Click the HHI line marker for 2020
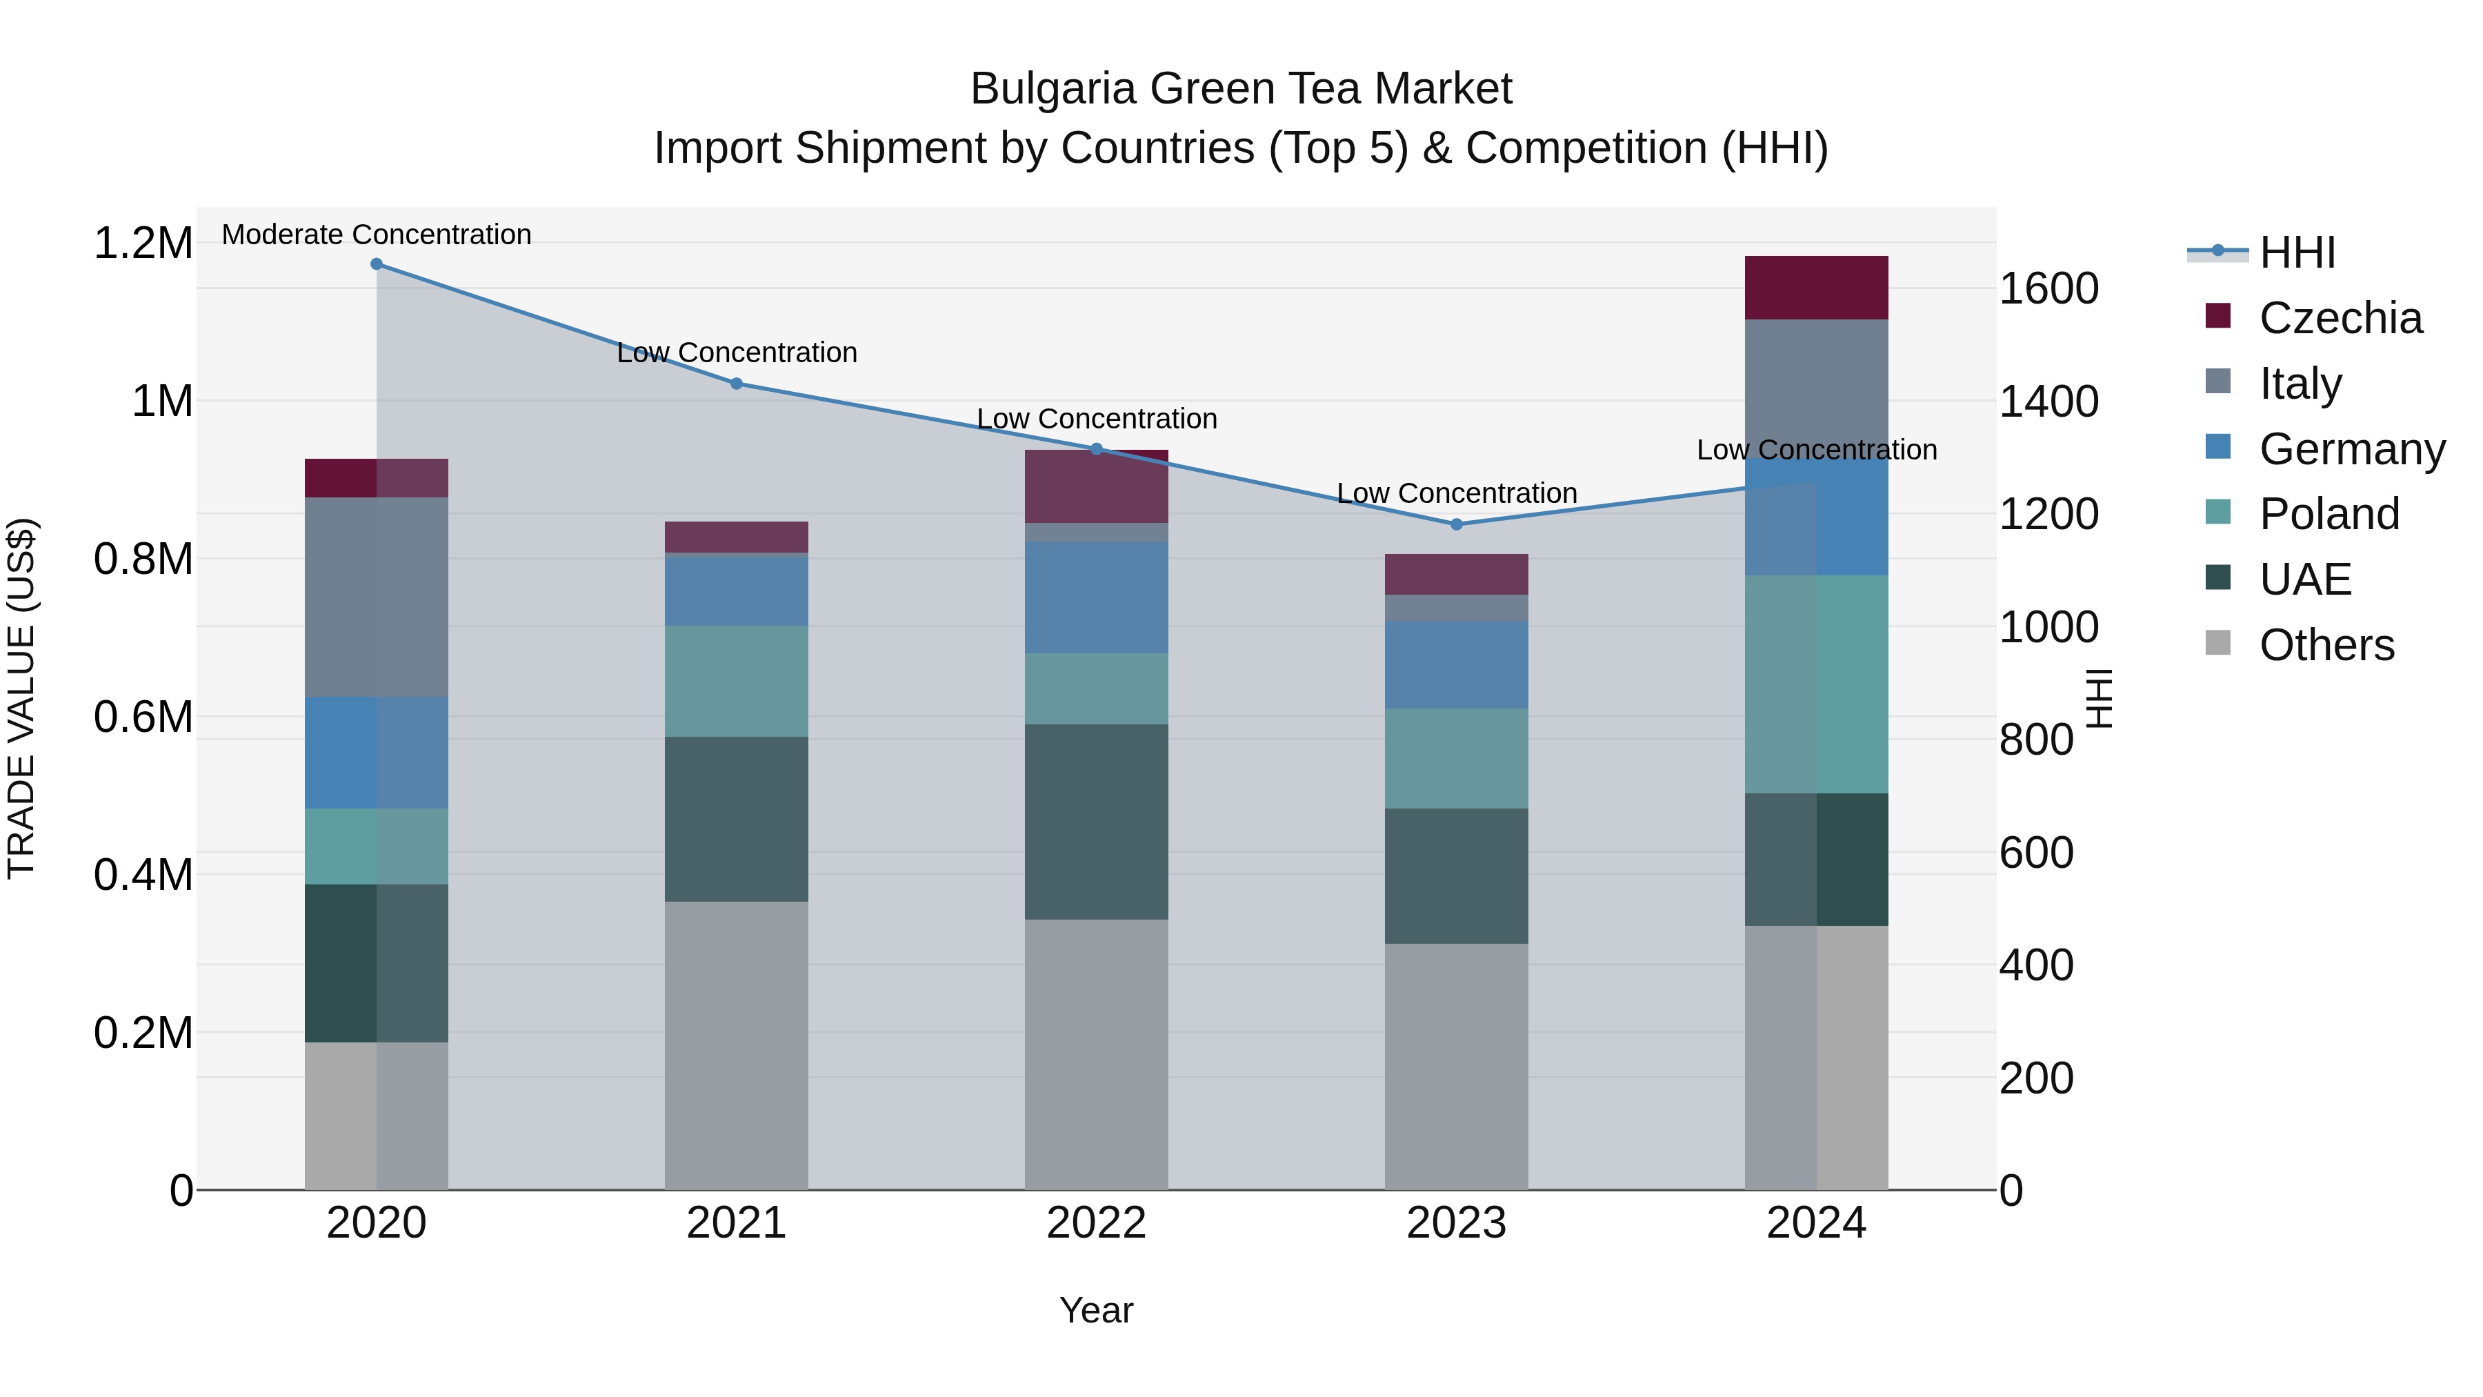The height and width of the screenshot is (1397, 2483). pos(377,264)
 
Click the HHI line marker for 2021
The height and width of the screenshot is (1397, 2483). pos(737,384)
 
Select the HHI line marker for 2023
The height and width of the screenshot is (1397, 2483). pos(1457,524)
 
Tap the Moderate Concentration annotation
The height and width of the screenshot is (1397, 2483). pos(376,235)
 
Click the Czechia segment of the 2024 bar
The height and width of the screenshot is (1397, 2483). pos(1816,287)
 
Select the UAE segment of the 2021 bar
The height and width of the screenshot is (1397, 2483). pos(737,820)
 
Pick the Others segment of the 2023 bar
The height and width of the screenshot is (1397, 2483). pos(1457,1067)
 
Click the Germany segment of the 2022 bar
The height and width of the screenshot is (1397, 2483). pos(1096,597)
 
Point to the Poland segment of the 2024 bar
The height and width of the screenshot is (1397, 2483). pos(1816,684)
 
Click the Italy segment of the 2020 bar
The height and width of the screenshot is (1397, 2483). pos(377,597)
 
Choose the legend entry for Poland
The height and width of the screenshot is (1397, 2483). pos(2328,514)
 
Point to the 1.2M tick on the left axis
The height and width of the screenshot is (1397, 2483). pos(143,243)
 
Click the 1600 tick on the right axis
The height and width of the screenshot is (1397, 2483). pos(2048,288)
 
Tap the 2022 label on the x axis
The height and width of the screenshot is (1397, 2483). pos(1096,1223)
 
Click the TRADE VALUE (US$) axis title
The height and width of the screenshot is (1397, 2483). pos(21,699)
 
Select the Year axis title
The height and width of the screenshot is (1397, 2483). pos(1096,1310)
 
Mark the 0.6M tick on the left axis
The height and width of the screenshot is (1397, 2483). pos(143,717)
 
